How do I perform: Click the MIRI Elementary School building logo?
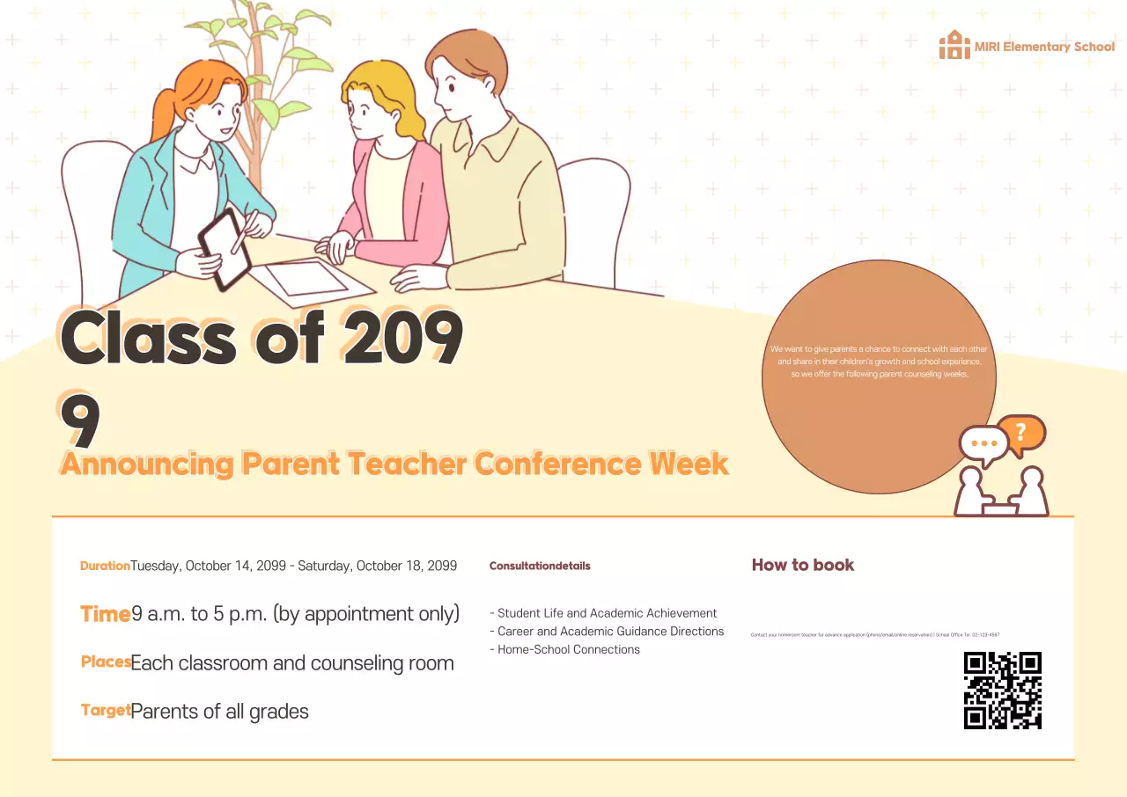pos(954,45)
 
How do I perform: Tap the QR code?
pos(1002,691)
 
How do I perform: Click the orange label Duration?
pos(105,566)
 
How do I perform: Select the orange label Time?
pos(106,614)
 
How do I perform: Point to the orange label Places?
pos(106,662)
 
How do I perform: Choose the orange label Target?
pos(106,711)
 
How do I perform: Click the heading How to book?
pos(802,565)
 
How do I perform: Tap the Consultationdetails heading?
pos(540,566)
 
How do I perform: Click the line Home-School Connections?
pos(568,649)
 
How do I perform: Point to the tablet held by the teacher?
pos(224,249)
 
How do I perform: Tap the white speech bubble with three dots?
pos(983,443)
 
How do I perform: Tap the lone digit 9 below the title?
pos(80,420)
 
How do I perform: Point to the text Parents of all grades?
pos(219,711)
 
